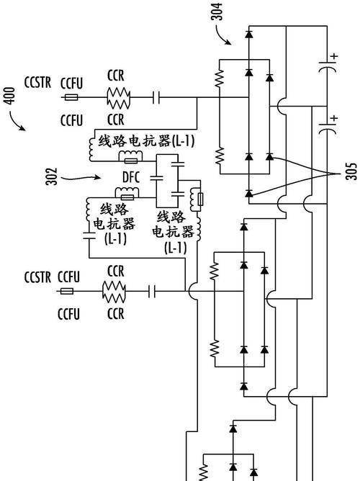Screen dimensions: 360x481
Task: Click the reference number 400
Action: (10, 96)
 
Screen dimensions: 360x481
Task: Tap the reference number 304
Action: (217, 12)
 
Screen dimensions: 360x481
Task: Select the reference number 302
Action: (52, 176)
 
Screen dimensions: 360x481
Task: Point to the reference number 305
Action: (352, 171)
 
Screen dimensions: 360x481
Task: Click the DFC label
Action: (131, 177)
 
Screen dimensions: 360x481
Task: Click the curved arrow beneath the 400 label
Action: (16, 122)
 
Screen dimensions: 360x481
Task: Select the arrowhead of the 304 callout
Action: (228, 42)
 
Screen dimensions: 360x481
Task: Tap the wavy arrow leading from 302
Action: (81, 177)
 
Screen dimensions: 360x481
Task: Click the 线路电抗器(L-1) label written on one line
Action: (146, 141)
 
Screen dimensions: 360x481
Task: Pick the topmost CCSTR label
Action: (37, 82)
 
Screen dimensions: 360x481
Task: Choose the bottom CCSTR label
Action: (37, 277)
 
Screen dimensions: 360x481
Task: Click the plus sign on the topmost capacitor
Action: (334, 56)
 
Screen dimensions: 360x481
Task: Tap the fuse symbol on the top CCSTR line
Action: (71, 97)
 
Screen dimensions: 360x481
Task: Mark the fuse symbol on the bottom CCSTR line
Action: (67, 291)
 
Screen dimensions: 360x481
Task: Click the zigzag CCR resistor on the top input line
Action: (118, 98)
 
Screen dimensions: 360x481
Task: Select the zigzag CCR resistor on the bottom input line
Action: (114, 291)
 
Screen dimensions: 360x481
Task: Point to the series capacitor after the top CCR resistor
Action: (156, 97)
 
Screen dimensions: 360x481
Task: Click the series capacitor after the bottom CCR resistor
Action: (152, 291)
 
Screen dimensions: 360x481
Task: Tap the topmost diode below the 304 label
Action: (249, 34)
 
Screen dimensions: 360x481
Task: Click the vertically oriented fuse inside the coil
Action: (201, 199)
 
